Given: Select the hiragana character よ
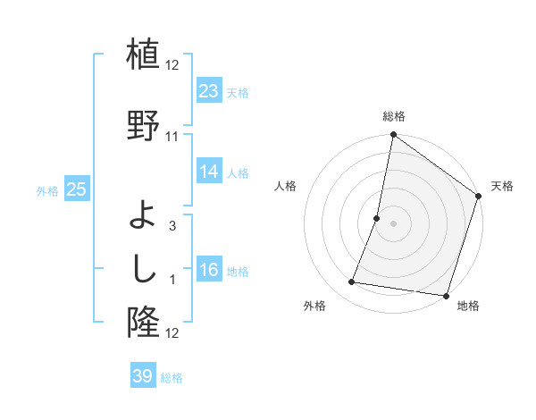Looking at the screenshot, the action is pos(143,214).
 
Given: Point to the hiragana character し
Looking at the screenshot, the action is pos(143,268).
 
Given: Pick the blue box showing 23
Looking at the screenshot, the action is pos(208,91).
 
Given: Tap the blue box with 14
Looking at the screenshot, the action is pos(208,172).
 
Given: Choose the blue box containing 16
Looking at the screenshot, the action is pos(208,271).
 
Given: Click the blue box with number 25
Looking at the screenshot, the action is pos(76,189).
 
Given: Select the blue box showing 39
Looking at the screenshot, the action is pos(142,376).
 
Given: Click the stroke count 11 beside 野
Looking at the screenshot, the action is pos(172,137).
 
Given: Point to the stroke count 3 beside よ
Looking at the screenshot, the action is pos(172,226).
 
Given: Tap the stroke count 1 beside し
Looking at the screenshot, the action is pos(172,281).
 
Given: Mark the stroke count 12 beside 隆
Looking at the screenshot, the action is pos(172,333).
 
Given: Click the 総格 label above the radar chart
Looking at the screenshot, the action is pos(393,116).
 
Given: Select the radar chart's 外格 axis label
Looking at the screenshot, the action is pos(314,307).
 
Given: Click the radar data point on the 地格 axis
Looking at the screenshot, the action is pos(446,295).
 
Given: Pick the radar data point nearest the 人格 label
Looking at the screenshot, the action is pos(377,218).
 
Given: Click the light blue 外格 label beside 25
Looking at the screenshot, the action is pos(46,190).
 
